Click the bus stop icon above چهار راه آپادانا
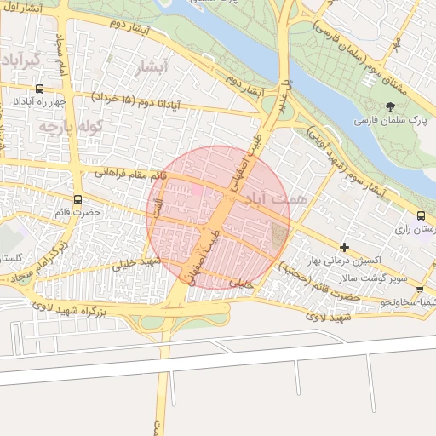(x=39, y=89)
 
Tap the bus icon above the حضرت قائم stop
(x=78, y=201)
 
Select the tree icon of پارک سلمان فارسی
(x=391, y=106)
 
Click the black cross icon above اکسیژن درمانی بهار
(x=344, y=247)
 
